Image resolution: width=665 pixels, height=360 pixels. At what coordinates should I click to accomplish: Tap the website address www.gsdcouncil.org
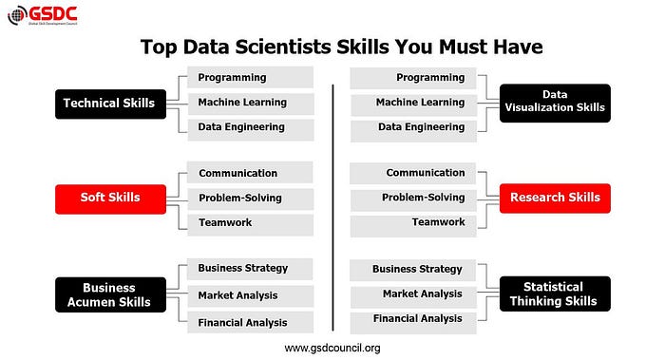pos(332,348)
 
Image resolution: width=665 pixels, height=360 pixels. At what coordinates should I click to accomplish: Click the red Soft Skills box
pos(110,198)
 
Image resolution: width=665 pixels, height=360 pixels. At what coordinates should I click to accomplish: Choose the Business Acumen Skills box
pos(109,294)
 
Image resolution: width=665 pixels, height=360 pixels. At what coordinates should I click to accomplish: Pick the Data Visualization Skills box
pos(555,102)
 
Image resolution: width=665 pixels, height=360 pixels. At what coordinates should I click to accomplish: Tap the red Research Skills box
pos(555,198)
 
